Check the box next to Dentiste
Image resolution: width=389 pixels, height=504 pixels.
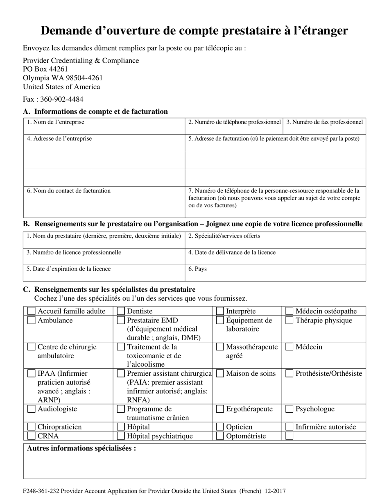[121, 311]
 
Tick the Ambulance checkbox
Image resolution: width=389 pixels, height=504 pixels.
[32, 320]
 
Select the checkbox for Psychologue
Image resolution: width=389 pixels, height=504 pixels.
[289, 409]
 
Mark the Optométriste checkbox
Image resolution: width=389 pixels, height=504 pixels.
[220, 436]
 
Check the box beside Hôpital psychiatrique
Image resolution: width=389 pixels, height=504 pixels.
[121, 436]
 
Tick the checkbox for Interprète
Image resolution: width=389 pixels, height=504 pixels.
[220, 311]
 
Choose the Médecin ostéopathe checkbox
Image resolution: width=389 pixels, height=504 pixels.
[289, 311]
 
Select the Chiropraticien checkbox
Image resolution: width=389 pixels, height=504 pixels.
[32, 427]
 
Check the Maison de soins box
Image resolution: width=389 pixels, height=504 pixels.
[220, 374]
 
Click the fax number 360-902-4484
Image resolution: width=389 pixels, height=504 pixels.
[61, 99]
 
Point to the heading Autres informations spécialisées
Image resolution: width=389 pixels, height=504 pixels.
[81, 448]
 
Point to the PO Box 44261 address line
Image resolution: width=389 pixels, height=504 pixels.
[45, 69]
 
